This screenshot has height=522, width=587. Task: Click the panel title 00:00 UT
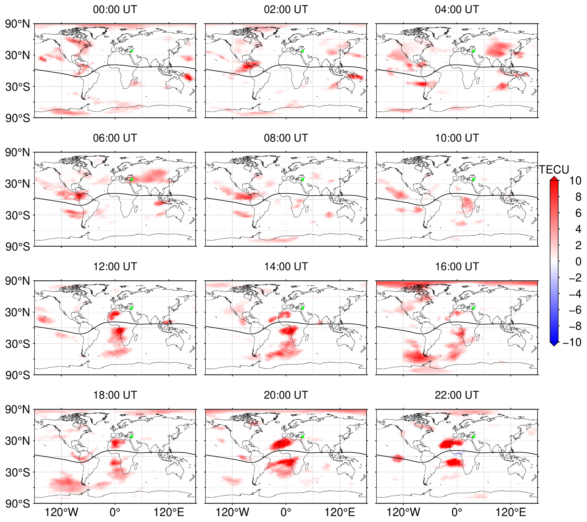pyautogui.click(x=115, y=9)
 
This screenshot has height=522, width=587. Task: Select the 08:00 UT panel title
pyautogui.click(x=286, y=138)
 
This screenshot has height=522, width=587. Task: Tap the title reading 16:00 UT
pyautogui.click(x=457, y=266)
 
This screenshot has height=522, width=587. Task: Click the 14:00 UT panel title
pyautogui.click(x=286, y=266)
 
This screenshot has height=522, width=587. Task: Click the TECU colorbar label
pyautogui.click(x=554, y=170)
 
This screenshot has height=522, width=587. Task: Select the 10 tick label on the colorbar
pyautogui.click(x=575, y=181)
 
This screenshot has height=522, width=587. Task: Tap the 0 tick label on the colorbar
pyautogui.click(x=578, y=261)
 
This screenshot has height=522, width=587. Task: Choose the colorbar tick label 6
pyautogui.click(x=578, y=213)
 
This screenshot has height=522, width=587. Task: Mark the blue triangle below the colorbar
pyautogui.click(x=554, y=344)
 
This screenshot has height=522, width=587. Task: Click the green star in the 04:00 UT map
pyautogui.click(x=473, y=51)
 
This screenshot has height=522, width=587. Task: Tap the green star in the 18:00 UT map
pyautogui.click(x=132, y=437)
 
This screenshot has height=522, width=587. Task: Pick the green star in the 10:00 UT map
pyautogui.click(x=473, y=180)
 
